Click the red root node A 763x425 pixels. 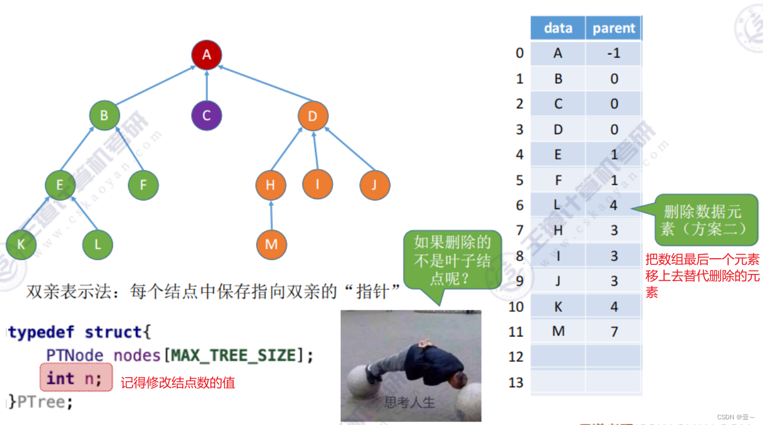click(207, 55)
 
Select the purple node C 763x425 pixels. click(207, 116)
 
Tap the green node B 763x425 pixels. click(104, 116)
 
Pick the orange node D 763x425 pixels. click(313, 116)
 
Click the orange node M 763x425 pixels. click(271, 244)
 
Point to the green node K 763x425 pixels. click(21, 245)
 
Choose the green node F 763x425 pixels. click(143, 184)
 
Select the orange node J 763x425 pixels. click(375, 184)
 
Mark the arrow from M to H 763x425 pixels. click(271, 215)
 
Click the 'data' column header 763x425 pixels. click(558, 28)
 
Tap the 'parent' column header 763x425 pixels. click(614, 28)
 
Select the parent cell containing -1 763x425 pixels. click(614, 53)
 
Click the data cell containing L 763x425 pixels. click(558, 205)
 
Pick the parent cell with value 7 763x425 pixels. click(614, 331)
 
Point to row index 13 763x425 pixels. click(516, 383)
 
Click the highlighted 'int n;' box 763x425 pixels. click(76, 378)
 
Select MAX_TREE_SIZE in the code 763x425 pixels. click(233, 356)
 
